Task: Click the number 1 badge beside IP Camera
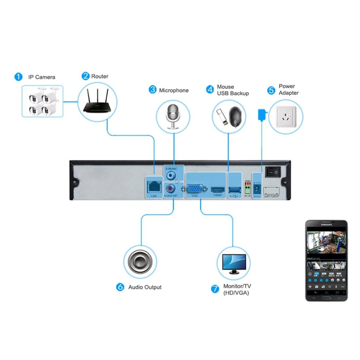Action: pyautogui.click(x=18, y=77)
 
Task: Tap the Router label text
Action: pyautogui.click(x=100, y=76)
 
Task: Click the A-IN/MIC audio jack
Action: pyautogui.click(x=172, y=175)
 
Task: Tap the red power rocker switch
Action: pyautogui.click(x=273, y=172)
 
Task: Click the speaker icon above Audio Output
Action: pyautogui.click(x=140, y=261)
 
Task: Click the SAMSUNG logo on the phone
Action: pyautogui.click(x=326, y=226)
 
